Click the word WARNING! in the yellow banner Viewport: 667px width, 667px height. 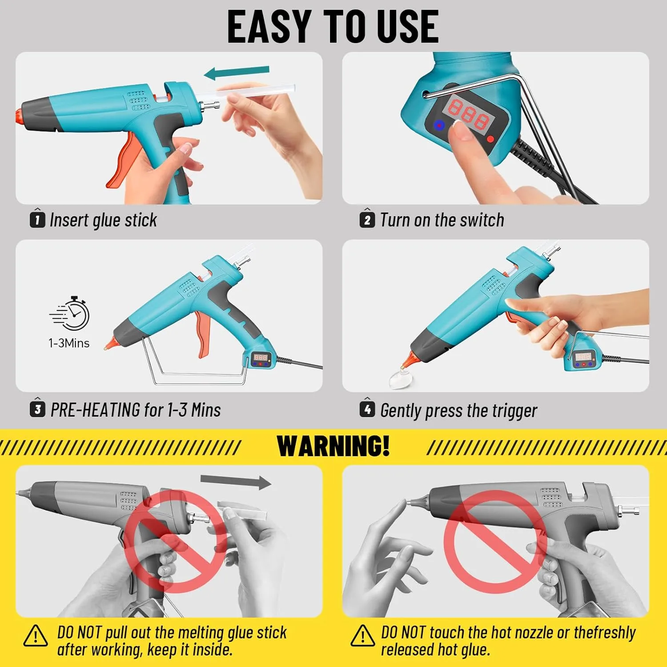tap(333, 446)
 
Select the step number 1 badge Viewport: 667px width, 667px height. tap(37, 220)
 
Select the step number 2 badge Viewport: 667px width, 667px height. tap(367, 220)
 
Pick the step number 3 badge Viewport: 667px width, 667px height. tap(37, 409)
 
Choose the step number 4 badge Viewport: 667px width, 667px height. tap(367, 409)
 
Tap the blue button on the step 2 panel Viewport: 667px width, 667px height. tap(439, 125)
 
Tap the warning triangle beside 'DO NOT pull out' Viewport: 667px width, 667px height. tap(36, 636)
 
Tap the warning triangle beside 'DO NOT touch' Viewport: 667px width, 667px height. tap(362, 636)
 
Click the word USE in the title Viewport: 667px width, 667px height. tap(407, 27)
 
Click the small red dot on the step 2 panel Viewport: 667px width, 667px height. tap(490, 140)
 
